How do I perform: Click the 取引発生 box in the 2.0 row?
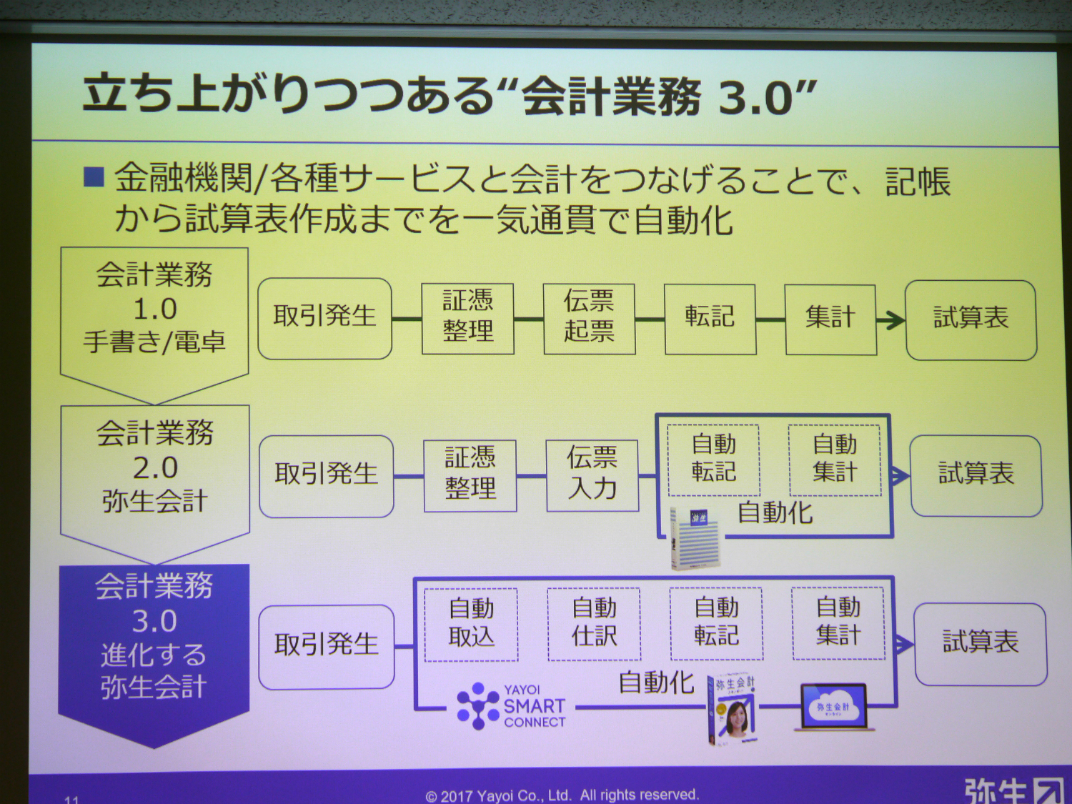pyautogui.click(x=326, y=475)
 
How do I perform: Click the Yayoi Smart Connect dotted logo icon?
pyautogui.click(x=477, y=706)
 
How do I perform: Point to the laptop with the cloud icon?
pyautogui.click(x=834, y=707)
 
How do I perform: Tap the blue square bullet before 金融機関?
pyautogui.click(x=94, y=177)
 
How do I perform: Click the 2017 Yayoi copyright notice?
pyautogui.click(x=562, y=795)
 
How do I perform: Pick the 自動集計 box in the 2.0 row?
pyautogui.click(x=835, y=460)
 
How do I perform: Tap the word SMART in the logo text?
pyautogui.click(x=534, y=706)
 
